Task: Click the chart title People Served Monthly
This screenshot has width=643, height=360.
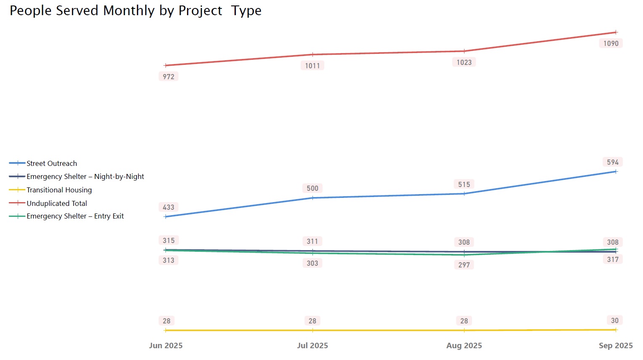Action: coord(135,11)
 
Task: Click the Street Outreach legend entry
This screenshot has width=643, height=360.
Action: coord(51,163)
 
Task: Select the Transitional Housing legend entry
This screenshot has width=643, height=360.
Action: coord(59,190)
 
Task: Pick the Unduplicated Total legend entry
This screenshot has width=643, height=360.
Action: coord(56,203)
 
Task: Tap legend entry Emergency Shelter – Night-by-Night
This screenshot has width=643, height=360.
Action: coord(85,176)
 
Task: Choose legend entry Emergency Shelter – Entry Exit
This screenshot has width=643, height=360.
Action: coord(75,216)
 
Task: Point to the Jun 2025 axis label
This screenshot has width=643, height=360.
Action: coord(165,346)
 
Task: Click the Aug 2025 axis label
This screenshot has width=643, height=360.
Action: coord(464,346)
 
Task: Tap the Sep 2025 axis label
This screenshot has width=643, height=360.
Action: coord(616,346)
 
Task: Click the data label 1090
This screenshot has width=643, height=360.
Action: coord(611,43)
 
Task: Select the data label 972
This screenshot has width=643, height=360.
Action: coord(168,77)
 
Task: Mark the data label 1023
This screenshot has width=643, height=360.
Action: coord(464,62)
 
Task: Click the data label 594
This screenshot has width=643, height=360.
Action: coord(613,162)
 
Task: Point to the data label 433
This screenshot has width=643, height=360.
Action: coord(168,207)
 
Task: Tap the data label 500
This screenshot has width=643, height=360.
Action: coord(312,188)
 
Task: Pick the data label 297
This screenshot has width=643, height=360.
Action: coord(464,265)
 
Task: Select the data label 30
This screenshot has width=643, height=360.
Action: coord(615,320)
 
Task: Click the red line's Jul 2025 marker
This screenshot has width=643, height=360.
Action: coord(312,54)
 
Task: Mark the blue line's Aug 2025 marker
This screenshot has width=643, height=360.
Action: coord(464,194)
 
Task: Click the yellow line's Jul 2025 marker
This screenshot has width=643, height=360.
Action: coord(312,331)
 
